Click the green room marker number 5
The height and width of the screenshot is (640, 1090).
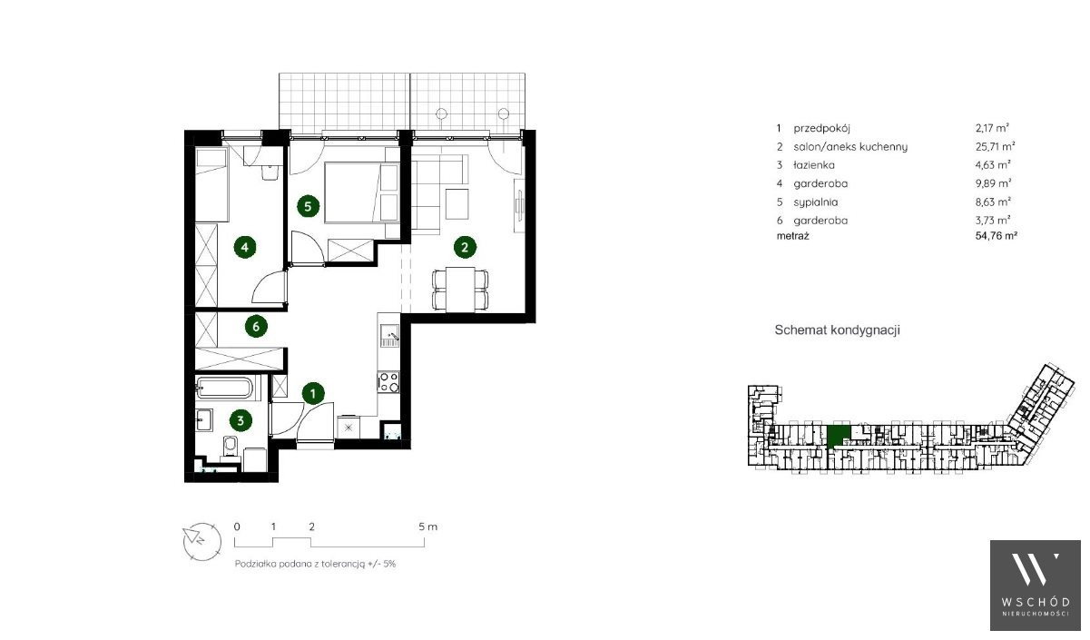pos(308,206)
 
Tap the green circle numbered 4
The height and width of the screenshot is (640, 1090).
pos(245,247)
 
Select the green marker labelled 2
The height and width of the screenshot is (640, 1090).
pos(465,247)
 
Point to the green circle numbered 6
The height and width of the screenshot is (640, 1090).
pos(256,327)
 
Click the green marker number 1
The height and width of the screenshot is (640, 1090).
pos(313,393)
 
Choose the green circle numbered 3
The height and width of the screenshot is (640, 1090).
pos(241,420)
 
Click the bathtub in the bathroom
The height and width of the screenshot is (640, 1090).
pos(225,389)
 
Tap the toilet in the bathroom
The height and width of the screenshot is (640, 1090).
pos(230,446)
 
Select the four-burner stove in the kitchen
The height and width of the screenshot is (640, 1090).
pos(388,381)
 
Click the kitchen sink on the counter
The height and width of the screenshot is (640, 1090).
pos(389,335)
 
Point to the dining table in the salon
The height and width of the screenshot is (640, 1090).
pos(460,289)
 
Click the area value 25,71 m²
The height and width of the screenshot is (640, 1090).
pos(995,146)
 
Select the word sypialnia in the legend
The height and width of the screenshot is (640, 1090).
pos(816,202)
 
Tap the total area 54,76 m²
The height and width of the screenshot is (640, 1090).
pos(997,235)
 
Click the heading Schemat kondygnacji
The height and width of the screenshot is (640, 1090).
pos(837,330)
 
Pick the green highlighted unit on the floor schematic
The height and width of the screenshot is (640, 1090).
pos(839,436)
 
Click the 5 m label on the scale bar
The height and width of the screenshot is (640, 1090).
pos(427,527)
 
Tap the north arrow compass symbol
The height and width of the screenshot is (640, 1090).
pos(201,542)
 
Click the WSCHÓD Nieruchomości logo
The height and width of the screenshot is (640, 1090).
pos(1035,585)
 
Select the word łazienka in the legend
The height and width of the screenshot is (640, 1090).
pos(813,165)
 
